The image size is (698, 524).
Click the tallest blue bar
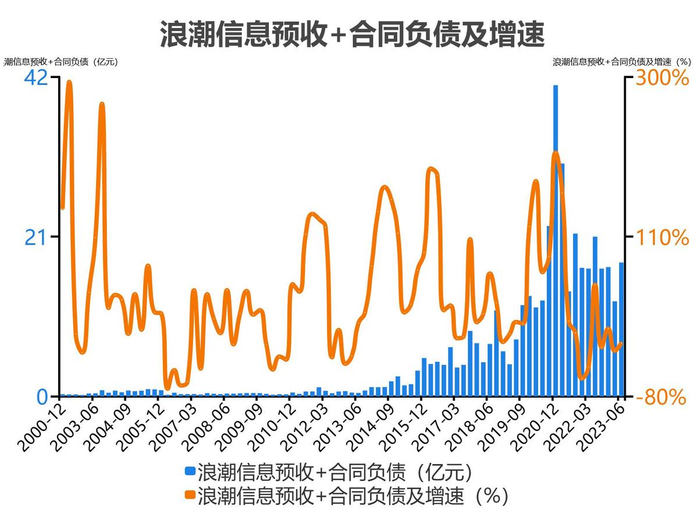coord(555,240)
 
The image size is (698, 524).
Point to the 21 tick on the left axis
coord(35,238)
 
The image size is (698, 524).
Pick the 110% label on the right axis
coord(661,238)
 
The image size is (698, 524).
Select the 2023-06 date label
coord(603,428)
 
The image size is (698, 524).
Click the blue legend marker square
coord(190,470)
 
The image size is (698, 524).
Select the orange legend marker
coord(190,495)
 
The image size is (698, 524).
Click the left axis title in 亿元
coord(61,62)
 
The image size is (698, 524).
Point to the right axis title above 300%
coord(621,62)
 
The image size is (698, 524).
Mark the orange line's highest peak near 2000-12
coord(69,83)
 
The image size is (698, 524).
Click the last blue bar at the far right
coord(621,330)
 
